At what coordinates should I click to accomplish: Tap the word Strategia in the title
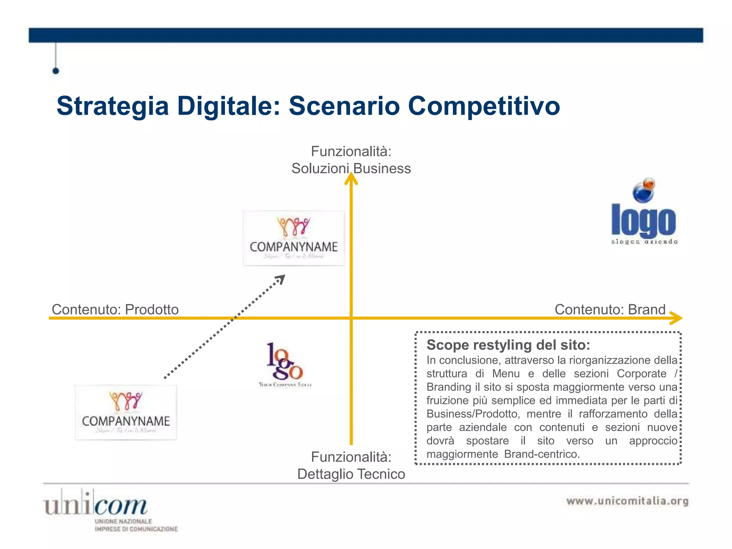(x=113, y=107)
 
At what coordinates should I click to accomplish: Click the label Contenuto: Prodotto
(x=115, y=310)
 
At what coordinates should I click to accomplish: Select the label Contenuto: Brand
(x=610, y=310)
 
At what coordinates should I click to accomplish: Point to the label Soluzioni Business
(x=351, y=169)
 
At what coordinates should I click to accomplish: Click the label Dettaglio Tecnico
(x=351, y=474)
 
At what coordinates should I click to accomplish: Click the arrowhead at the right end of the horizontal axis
(x=676, y=318)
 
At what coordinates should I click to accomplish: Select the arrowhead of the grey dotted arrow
(x=281, y=279)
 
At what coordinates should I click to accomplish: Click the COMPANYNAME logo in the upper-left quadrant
(x=294, y=238)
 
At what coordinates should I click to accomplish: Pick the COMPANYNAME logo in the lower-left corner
(x=126, y=412)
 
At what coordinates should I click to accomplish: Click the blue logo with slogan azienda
(x=643, y=222)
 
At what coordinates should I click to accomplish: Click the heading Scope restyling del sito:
(x=508, y=345)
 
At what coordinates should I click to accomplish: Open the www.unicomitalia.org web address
(x=627, y=501)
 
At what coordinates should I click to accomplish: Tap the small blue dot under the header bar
(x=56, y=71)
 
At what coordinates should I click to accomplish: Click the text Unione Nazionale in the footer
(x=123, y=521)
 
